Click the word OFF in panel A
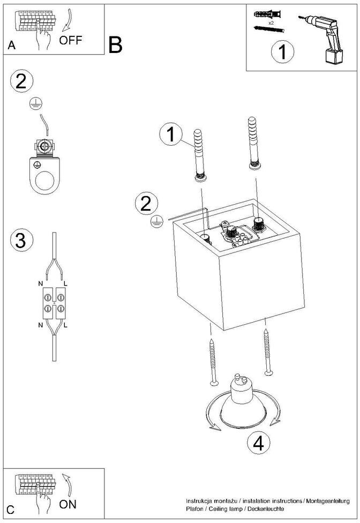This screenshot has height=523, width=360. point(70,40)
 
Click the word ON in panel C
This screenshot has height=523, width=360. point(67,504)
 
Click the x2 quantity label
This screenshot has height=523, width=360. point(271,23)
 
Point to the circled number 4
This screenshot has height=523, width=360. point(259,444)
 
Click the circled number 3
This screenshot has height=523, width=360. point(21,241)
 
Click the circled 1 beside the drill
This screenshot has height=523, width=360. point(282,53)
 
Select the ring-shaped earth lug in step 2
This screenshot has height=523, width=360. point(44,175)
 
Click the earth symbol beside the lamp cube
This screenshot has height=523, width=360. point(156,221)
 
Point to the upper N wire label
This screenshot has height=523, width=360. point(40,284)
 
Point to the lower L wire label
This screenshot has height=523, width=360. point(66,325)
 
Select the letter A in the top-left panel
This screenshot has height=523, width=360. point(11,45)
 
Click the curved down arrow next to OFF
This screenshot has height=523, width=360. point(69,21)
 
